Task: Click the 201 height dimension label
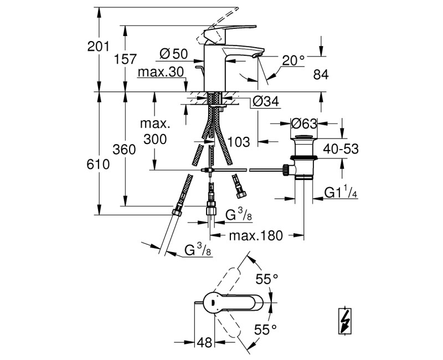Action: pyautogui.click(x=98, y=47)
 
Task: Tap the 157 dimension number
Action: pyautogui.click(x=125, y=59)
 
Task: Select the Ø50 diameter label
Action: pyautogui.click(x=173, y=54)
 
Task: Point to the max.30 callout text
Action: pyautogui.click(x=161, y=72)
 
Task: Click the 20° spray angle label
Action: pyautogui.click(x=293, y=60)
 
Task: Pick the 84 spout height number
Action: pyautogui.click(x=321, y=75)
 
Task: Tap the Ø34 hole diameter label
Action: pyautogui.click(x=266, y=101)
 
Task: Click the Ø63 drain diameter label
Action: pyautogui.click(x=304, y=123)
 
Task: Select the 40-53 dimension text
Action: pyautogui.click(x=341, y=148)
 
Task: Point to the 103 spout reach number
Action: pyautogui.click(x=239, y=142)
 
